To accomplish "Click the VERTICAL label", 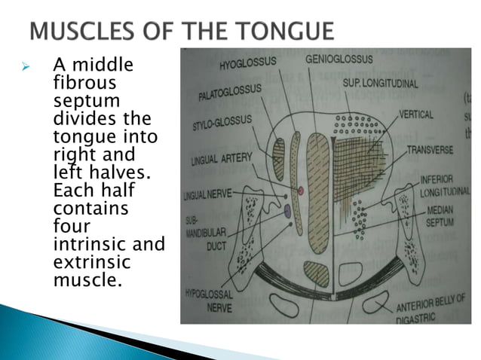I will pyautogui.click(x=415, y=115).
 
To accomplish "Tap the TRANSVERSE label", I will pyautogui.click(x=430, y=149).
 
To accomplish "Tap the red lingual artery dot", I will pyautogui.click(x=300, y=191).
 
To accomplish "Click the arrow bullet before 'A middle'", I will pyautogui.click(x=25, y=68).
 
